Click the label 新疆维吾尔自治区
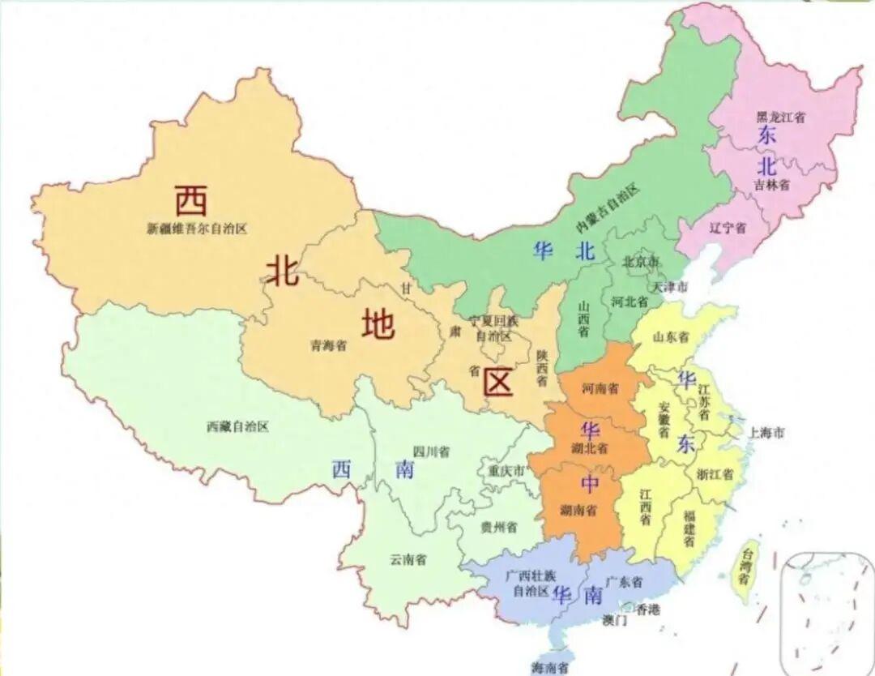click(197, 229)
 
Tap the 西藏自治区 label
click(237, 426)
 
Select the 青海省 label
click(328, 345)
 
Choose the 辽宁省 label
click(727, 228)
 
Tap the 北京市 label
click(641, 261)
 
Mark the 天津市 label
click(670, 287)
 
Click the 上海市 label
click(766, 433)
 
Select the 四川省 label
click(431, 451)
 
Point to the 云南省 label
click(408, 559)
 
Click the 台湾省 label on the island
click(743, 567)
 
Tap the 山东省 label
click(671, 336)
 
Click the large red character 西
click(191, 199)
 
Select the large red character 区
click(497, 382)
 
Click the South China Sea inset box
click(826, 612)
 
